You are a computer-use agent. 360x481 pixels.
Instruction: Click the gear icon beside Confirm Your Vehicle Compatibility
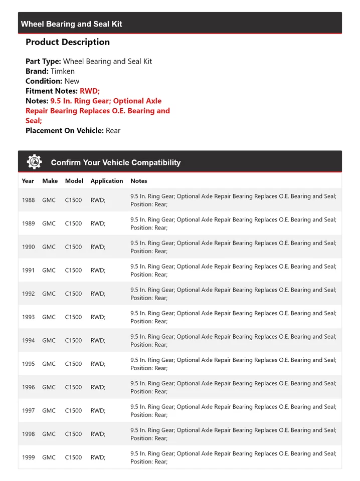tap(35, 162)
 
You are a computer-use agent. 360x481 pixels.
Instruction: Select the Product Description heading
tap(68, 42)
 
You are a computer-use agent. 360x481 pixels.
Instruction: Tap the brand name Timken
tap(63, 71)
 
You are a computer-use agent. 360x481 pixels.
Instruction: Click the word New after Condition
tap(72, 81)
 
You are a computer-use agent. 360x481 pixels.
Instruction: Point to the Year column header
tap(28, 181)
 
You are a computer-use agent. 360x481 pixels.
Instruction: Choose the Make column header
tap(50, 181)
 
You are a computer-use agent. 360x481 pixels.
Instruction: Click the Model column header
tap(74, 181)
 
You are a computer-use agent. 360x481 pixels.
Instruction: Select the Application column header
tap(107, 181)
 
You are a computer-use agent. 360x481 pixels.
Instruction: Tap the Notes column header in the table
tap(139, 181)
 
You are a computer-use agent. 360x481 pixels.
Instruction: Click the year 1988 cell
tap(29, 200)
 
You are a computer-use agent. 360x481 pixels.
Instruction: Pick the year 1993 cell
tap(29, 317)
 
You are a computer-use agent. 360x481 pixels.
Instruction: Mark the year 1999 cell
tap(29, 457)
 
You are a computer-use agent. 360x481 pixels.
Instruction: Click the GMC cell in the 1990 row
tap(49, 247)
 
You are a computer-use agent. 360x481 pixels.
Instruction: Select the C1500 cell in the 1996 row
tap(73, 387)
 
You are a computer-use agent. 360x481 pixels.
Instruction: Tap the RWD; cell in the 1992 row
tap(98, 294)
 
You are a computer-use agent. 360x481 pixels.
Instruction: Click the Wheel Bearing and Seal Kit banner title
tap(72, 24)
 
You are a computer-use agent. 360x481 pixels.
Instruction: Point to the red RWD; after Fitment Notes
tap(90, 91)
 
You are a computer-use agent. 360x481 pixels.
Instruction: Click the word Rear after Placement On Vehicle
tap(113, 131)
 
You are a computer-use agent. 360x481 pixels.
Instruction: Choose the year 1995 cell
tap(29, 364)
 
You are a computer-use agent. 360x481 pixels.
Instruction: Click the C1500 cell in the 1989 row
tap(73, 223)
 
